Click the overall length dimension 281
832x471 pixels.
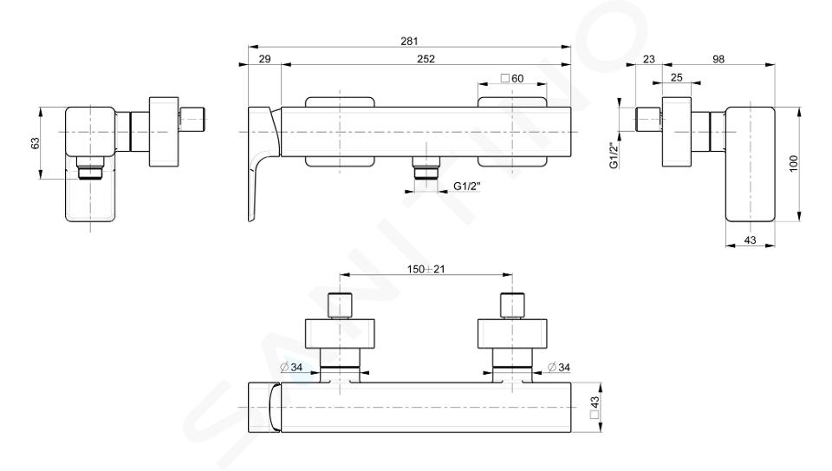pyautogui.click(x=409, y=41)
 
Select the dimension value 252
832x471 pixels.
pyautogui.click(x=426, y=59)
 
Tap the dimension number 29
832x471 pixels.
pyautogui.click(x=264, y=59)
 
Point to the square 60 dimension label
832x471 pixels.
pyautogui.click(x=512, y=79)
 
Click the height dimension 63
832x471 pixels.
pyautogui.click(x=35, y=143)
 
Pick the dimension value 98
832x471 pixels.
pyautogui.click(x=718, y=59)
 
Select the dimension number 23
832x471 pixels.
pyautogui.click(x=649, y=59)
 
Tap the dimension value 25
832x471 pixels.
pyautogui.click(x=677, y=77)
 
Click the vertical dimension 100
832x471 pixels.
pyautogui.click(x=793, y=163)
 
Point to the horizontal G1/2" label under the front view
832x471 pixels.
pyautogui.click(x=466, y=186)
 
